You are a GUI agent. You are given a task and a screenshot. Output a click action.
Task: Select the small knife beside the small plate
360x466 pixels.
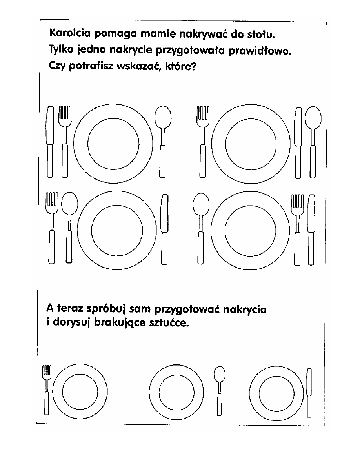(x=309, y=392)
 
